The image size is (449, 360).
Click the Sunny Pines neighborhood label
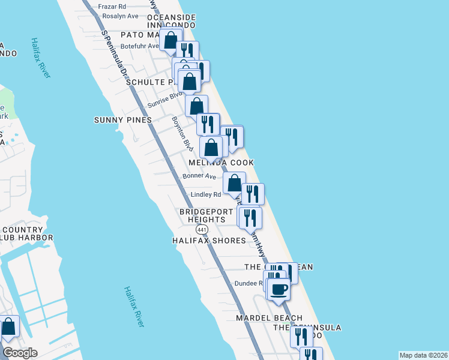(123, 120)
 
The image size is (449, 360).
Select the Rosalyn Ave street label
(120, 16)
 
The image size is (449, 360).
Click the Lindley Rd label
(206, 194)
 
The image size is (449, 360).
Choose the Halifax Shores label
(209, 241)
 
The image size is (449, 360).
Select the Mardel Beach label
(268, 317)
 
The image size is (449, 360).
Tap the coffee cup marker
(279, 289)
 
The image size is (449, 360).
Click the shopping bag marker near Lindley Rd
(235, 183)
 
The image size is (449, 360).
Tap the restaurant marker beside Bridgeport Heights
(250, 217)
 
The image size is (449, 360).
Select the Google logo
(20, 353)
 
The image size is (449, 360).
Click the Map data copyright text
(423, 355)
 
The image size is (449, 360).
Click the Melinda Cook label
(221, 163)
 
